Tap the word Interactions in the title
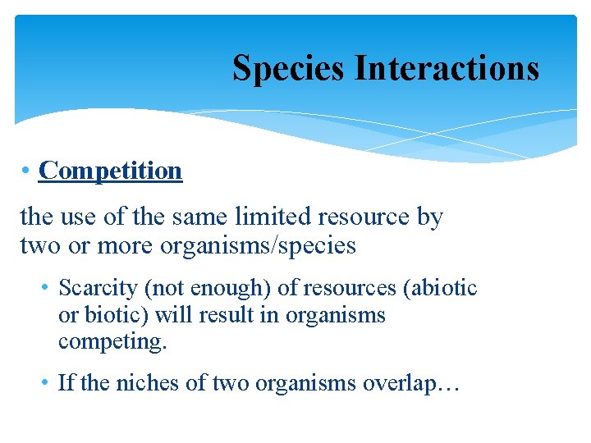(x=447, y=67)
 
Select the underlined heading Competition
(x=110, y=171)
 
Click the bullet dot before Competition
(x=27, y=171)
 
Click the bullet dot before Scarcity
(x=46, y=288)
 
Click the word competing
(x=112, y=342)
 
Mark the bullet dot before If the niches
(x=46, y=383)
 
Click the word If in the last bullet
(x=66, y=383)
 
